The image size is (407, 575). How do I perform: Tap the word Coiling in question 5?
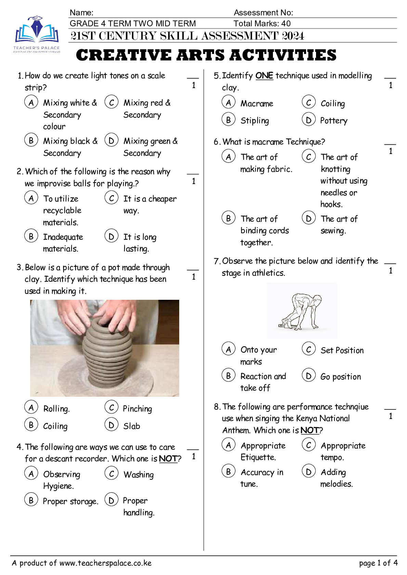point(332,103)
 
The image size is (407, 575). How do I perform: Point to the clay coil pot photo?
point(104,348)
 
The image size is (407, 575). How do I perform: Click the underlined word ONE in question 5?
point(264,75)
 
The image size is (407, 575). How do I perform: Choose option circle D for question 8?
point(308,472)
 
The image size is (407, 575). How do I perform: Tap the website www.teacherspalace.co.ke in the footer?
point(105,563)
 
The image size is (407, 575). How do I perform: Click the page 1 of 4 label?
point(378,563)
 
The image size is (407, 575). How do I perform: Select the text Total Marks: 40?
point(262,24)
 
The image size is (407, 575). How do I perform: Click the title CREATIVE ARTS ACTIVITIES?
point(206,55)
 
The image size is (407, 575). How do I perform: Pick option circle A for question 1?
point(31,102)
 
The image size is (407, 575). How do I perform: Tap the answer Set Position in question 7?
point(342,350)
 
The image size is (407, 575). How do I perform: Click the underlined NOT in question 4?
point(168,459)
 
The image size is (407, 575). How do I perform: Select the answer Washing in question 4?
point(139,475)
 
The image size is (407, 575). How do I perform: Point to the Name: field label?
point(81,13)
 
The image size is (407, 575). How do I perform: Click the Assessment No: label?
point(263,13)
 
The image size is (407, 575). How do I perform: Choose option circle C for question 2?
point(111,198)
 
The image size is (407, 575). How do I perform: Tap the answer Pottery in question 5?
point(333,121)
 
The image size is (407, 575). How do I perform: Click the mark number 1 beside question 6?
point(390,151)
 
